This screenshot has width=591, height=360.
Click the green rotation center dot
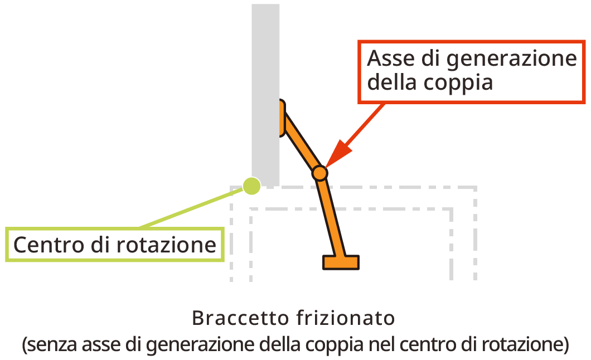252,186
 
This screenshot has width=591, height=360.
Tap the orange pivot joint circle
319,173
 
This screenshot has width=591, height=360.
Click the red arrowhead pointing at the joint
337,153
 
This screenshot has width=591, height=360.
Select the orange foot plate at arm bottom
341,262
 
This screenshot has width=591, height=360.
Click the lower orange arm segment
330,217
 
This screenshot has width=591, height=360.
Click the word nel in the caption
380,344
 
